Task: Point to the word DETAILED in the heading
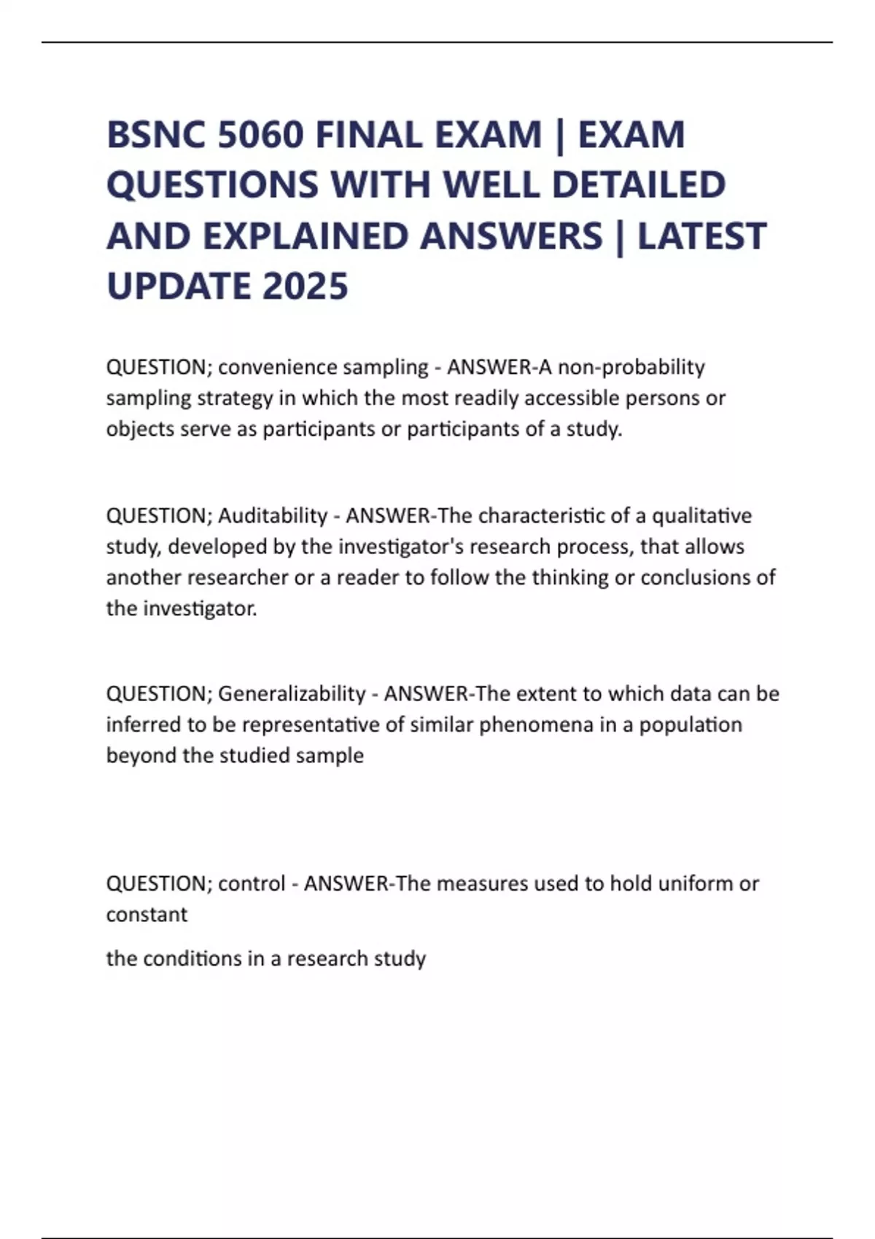(x=639, y=184)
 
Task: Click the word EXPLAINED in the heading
(x=306, y=235)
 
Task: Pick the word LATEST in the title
(x=702, y=235)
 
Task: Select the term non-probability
(x=631, y=367)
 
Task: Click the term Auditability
(x=273, y=516)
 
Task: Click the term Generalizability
(x=292, y=693)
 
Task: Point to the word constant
(x=147, y=915)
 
